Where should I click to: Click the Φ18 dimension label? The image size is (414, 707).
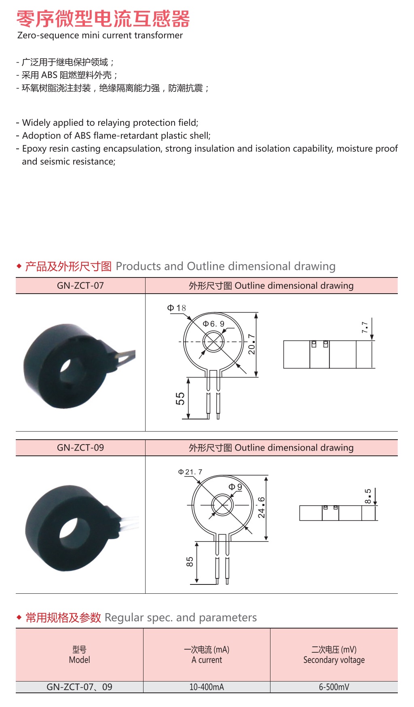[177, 308]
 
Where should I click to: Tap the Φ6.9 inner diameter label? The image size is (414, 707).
[213, 324]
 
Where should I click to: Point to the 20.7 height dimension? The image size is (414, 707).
[251, 344]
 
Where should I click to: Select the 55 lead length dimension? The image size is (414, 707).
[180, 398]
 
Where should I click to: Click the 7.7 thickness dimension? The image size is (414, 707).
[365, 327]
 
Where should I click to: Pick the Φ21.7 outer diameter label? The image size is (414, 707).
[190, 472]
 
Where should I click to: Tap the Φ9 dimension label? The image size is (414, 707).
[235, 487]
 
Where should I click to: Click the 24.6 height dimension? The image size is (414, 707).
[262, 507]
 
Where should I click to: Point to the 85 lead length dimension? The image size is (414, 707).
[190, 562]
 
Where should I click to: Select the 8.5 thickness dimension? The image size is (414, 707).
[368, 496]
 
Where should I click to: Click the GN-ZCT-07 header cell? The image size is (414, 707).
[80, 286]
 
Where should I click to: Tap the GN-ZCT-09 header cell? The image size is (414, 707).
[80, 448]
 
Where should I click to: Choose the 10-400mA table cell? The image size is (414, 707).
[207, 687]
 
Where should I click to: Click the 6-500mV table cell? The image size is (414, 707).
[334, 687]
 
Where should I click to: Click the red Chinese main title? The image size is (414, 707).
[103, 19]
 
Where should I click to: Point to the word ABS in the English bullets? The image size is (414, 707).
[83, 135]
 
